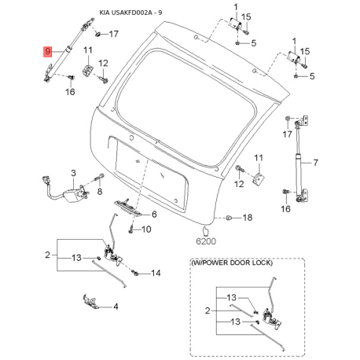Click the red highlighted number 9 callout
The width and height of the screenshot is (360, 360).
[47, 51]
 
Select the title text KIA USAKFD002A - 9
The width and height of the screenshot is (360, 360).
[130, 13]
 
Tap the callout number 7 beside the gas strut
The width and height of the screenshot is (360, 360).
[315, 163]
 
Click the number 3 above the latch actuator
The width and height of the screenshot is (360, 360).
[73, 173]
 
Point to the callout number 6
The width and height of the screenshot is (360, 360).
[154, 215]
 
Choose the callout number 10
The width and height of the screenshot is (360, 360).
[146, 230]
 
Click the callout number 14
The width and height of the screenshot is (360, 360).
[156, 274]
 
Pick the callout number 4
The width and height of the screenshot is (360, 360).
[116, 307]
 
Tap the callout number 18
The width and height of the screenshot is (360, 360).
[247, 218]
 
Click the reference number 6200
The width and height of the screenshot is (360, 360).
[206, 241]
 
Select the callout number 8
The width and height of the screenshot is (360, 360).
[100, 192]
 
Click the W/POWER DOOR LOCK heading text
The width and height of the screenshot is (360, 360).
[232, 263]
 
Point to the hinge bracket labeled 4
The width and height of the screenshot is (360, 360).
[90, 300]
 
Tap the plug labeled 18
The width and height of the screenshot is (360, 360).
[229, 218]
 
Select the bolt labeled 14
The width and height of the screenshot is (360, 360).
[135, 274]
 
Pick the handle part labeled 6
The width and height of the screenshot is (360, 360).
[127, 207]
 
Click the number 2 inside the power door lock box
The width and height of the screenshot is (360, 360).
[208, 311]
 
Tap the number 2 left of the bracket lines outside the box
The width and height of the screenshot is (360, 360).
[47, 255]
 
